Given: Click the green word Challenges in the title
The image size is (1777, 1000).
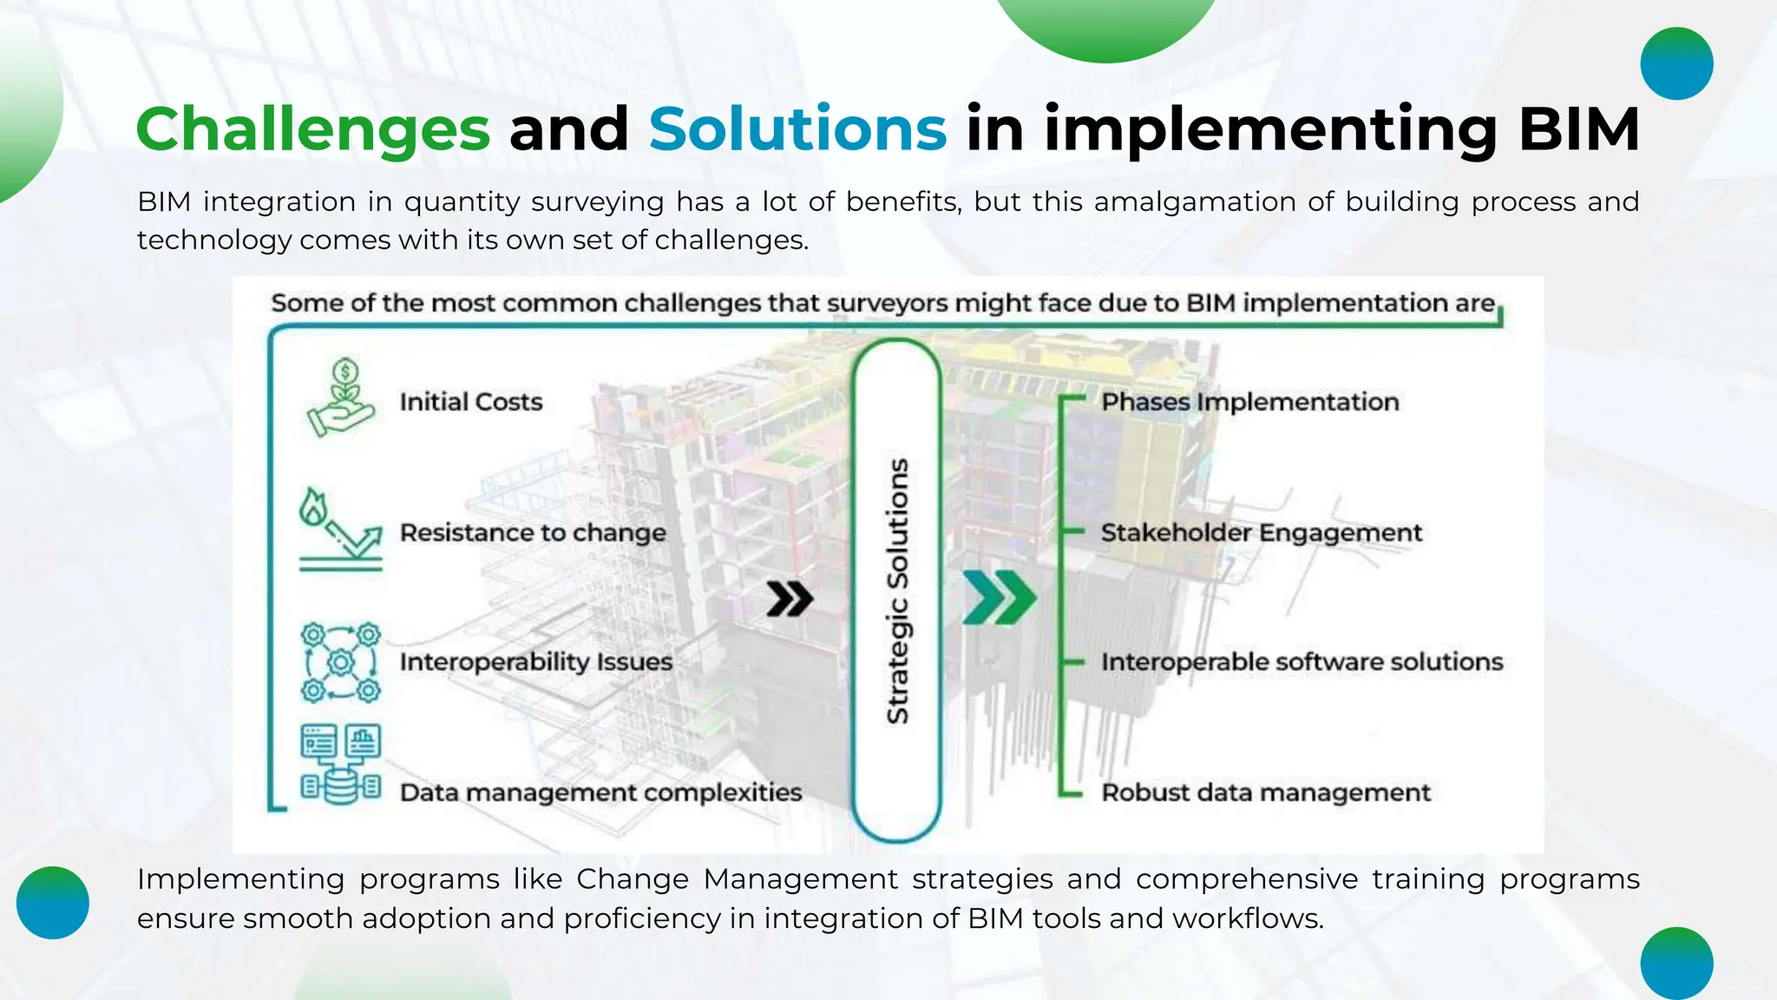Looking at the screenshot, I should pos(313,129).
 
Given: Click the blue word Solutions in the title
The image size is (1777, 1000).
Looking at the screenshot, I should pos(797,129).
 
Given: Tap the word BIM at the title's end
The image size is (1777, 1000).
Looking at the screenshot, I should pos(1578,129).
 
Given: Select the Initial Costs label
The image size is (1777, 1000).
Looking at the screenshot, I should pos(471,402).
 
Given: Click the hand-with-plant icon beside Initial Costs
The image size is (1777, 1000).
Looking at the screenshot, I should pos(340,398).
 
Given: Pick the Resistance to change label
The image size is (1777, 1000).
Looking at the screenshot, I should pos(533,532).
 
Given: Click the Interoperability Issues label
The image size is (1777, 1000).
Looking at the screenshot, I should pos(536,661).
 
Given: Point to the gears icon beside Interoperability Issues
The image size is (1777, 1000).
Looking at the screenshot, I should pos(341,662).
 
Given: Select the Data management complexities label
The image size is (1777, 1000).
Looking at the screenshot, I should pos(600,793).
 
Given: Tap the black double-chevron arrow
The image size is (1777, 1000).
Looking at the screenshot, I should pos(790,599).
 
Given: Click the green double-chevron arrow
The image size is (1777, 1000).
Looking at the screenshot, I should pos(1000,598).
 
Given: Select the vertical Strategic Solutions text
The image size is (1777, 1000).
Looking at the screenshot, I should pos(897,590).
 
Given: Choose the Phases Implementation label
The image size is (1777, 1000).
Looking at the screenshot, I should pos(1250,402).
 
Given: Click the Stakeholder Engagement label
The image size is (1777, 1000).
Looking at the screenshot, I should pos(1262,532).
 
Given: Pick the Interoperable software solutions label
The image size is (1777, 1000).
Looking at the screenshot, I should pos(1302,661).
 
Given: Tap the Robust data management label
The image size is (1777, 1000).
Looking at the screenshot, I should pos(1266,793).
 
